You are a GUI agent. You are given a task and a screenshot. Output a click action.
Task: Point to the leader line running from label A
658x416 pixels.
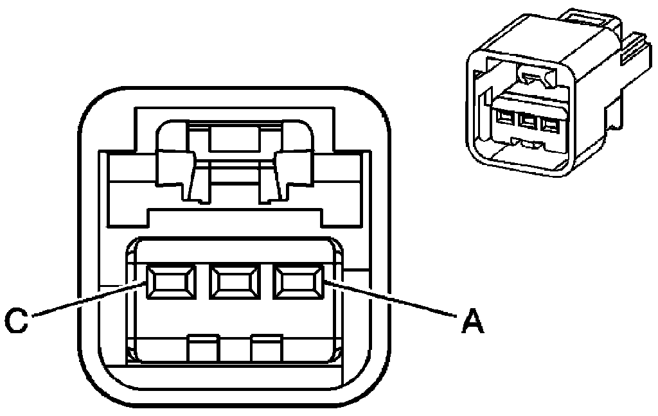point(392,299)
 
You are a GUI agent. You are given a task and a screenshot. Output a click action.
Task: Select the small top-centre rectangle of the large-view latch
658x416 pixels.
point(233,138)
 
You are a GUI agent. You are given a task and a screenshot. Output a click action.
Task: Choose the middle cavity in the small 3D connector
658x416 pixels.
point(528,120)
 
